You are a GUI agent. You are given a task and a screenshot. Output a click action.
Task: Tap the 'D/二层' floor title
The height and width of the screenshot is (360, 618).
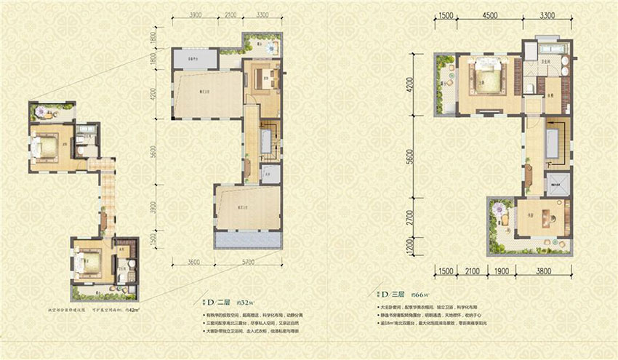tap(218, 300)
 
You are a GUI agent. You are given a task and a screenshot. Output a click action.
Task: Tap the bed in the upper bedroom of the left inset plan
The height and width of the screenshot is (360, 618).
tap(47, 148)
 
